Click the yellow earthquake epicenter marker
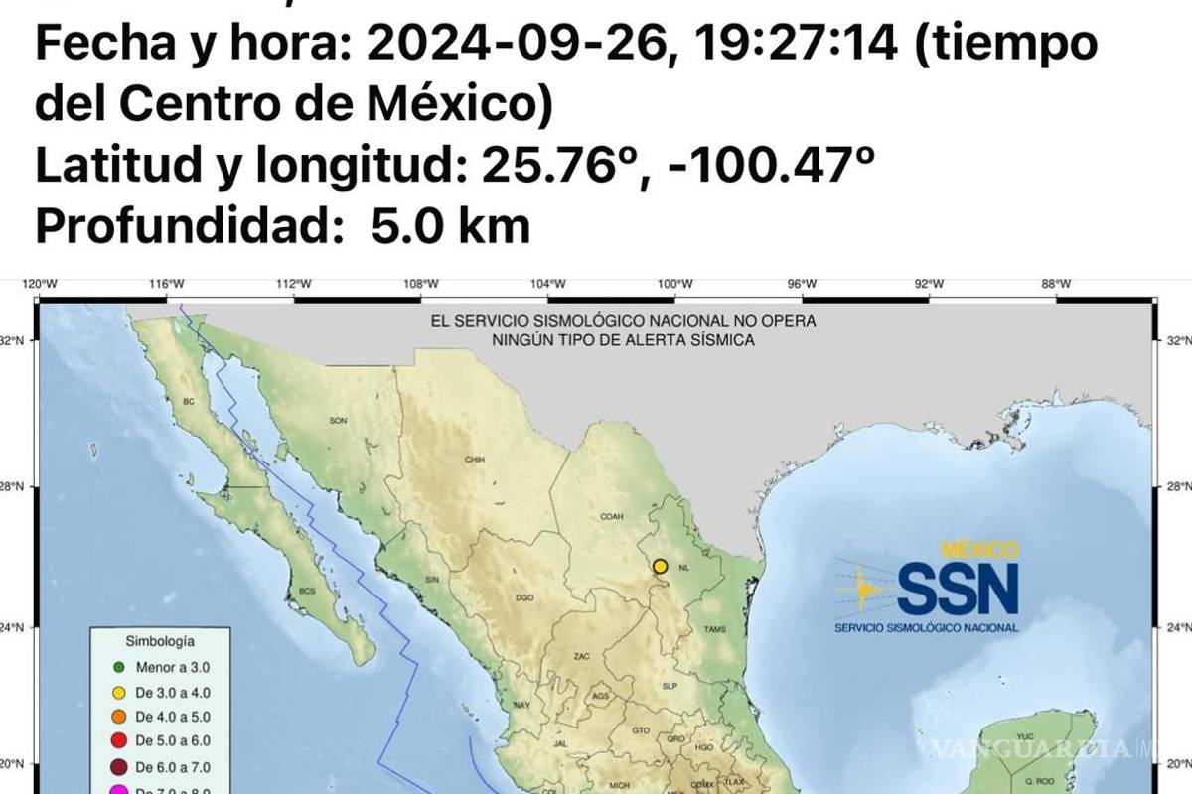(661, 567)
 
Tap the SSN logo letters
(958, 589)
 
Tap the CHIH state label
(473, 460)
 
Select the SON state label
(338, 421)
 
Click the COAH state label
(610, 517)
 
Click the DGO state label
(525, 598)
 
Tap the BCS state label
(308, 590)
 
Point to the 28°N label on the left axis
(17, 487)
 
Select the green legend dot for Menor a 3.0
(118, 668)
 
